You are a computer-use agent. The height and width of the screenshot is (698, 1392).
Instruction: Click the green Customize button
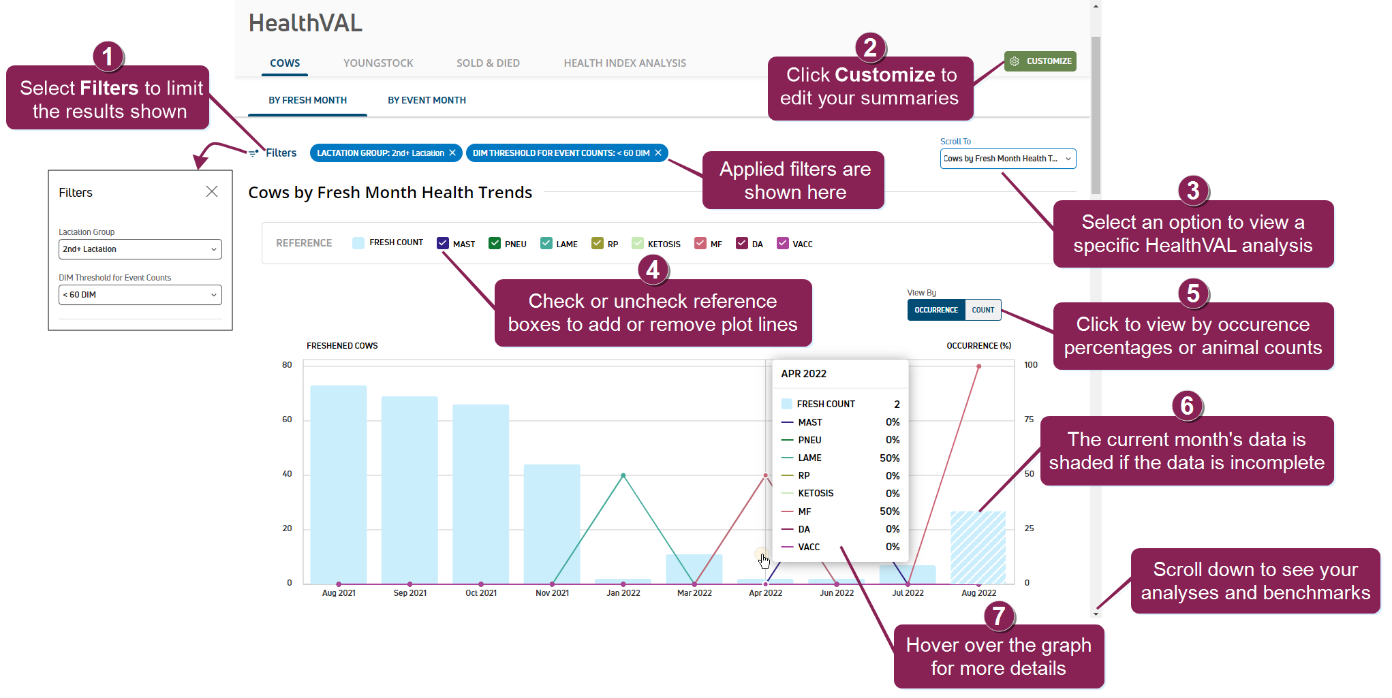coord(1040,61)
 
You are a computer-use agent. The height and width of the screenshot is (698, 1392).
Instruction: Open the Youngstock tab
coord(378,63)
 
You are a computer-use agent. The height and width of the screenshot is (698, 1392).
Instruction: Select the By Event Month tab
coord(427,100)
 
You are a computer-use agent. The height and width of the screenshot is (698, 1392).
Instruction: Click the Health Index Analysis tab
coord(624,63)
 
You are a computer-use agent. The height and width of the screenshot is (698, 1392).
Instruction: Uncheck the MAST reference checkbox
coord(443,243)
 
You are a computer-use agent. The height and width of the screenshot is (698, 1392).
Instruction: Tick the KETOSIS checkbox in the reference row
coord(638,243)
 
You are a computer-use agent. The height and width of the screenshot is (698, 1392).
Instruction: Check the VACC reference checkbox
coord(783,243)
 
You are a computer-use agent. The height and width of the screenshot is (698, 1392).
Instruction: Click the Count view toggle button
coord(983,310)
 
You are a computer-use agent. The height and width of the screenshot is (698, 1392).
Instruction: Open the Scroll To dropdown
coord(1008,159)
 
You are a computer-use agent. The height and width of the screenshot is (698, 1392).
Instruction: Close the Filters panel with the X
coord(212,192)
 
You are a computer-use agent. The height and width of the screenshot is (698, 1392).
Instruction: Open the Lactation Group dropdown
coord(140,249)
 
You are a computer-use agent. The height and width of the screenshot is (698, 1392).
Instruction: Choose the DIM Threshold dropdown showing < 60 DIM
coord(140,295)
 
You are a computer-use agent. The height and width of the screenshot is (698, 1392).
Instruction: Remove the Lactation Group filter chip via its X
coord(452,153)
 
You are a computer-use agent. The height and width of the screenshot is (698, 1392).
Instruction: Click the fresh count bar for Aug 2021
coord(339,483)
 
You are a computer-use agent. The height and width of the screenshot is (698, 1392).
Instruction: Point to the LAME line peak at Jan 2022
coord(623,475)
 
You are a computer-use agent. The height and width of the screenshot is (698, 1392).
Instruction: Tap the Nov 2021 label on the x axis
coord(552,593)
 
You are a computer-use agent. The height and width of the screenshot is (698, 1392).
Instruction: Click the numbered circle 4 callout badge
coord(653,270)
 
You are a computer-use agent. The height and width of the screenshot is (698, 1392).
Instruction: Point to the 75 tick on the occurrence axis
coord(1029,419)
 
